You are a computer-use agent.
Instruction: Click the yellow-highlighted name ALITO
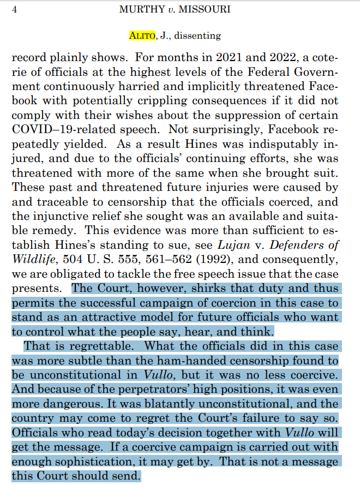(x=142, y=35)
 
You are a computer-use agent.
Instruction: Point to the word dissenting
(x=197, y=35)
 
